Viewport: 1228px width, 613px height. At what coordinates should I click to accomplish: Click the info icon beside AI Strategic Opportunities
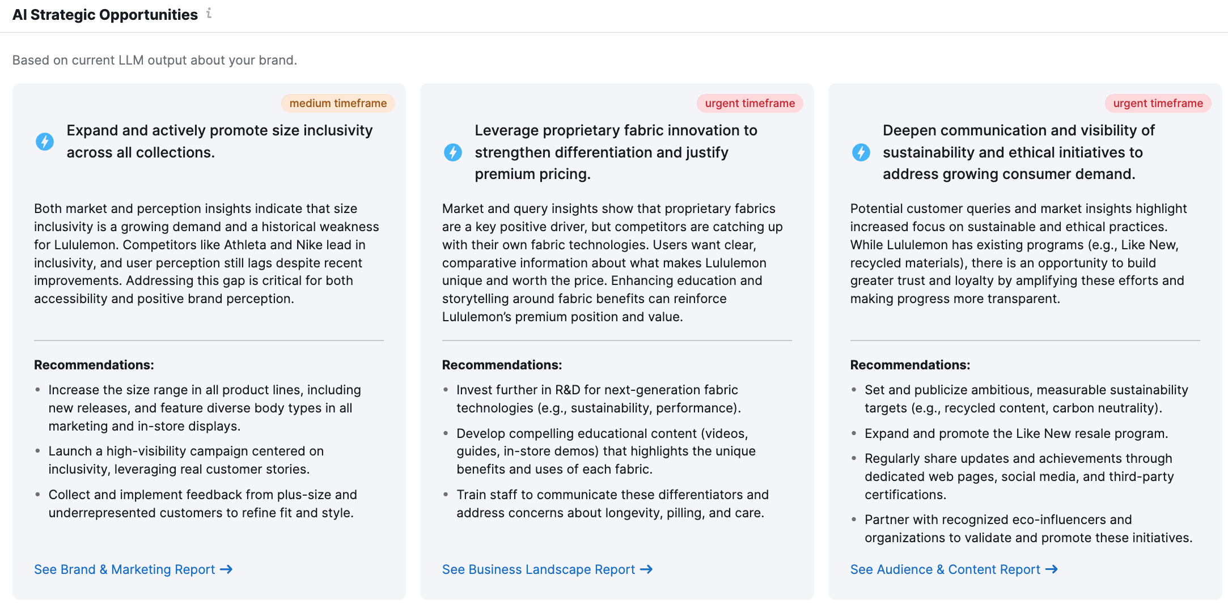[x=209, y=13]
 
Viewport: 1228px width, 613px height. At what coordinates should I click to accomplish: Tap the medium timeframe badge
[x=338, y=103]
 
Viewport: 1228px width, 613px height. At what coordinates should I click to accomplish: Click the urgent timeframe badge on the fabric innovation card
[x=749, y=103]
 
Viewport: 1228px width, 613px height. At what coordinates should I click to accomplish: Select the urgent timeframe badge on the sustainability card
[x=1158, y=103]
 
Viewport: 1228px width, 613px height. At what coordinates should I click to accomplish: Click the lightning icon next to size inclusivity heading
[x=45, y=141]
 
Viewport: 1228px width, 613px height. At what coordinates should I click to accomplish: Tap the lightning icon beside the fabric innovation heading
[x=453, y=152]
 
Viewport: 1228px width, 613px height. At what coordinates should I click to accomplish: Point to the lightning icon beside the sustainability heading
[x=861, y=152]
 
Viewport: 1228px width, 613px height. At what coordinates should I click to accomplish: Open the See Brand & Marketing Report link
[x=125, y=569]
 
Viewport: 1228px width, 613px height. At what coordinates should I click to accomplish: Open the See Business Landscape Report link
[x=539, y=569]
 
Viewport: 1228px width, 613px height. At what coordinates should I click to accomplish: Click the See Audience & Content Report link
[x=945, y=569]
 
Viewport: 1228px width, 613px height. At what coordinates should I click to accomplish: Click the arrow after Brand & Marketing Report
[x=226, y=569]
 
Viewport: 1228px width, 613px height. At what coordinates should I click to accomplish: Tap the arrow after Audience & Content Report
[x=1052, y=569]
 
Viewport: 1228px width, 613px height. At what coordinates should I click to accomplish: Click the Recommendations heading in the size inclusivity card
[x=94, y=365]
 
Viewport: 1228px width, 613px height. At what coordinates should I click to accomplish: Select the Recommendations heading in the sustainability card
[x=910, y=365]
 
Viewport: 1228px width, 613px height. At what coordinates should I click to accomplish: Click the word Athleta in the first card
[x=245, y=245]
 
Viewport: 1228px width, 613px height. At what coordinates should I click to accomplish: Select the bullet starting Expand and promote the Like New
[x=1016, y=433]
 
